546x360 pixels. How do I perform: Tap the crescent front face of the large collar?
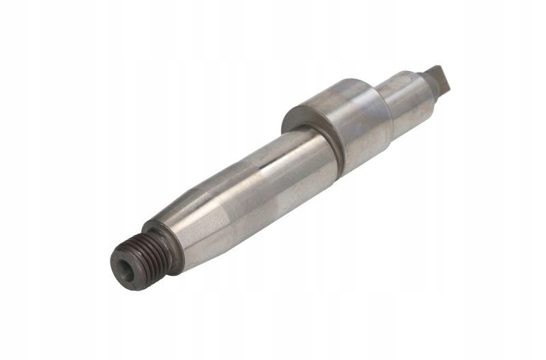click(x=300, y=116)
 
